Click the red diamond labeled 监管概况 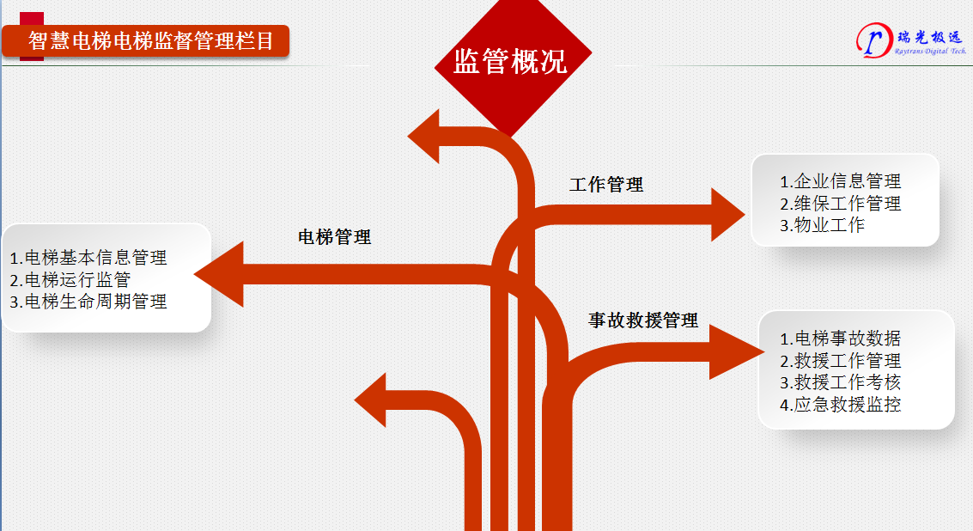511,62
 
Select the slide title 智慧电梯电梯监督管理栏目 151,41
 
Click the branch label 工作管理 606,184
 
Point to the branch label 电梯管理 334,236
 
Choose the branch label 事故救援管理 642,320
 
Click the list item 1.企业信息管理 840,181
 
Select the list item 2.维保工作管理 840,204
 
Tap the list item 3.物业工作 822,225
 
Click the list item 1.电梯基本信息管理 88,257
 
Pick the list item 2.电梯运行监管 70,279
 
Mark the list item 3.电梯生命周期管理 88,302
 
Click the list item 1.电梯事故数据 840,339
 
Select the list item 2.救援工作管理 840,361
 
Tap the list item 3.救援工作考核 840,382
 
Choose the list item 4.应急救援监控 840,405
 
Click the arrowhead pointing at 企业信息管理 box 727,214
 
